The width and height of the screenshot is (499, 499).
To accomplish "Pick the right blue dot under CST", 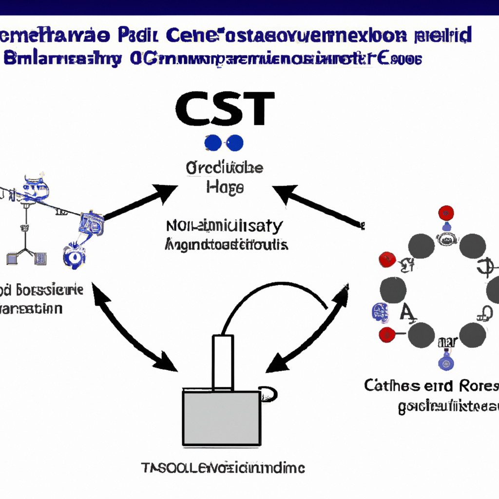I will (235, 142).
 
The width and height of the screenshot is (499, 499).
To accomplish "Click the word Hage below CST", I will (225, 188).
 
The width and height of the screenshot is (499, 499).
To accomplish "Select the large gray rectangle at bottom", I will (221, 418).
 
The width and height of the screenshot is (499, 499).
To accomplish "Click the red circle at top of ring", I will (446, 213).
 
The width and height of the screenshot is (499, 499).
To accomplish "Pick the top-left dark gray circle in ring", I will (421, 246).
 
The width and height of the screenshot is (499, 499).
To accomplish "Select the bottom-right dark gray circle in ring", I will (472, 335).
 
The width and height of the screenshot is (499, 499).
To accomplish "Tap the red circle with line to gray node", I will (386, 334).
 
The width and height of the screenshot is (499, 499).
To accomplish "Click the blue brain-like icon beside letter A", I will (380, 312).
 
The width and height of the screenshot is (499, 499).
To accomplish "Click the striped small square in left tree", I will (41, 258).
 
